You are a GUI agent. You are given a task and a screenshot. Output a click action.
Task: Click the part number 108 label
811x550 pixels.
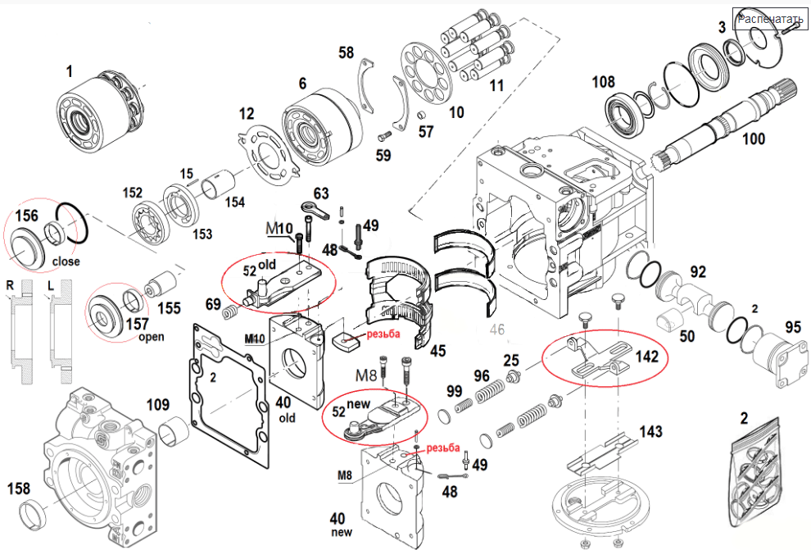pos(604,82)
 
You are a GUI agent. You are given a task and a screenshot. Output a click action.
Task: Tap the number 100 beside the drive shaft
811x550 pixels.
pos(753,139)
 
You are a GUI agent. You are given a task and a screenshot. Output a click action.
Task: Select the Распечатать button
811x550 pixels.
pos(769,19)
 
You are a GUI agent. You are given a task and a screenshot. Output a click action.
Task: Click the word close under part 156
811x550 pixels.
pos(66,262)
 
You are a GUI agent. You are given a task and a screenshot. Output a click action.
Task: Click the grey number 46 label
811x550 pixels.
pos(496,331)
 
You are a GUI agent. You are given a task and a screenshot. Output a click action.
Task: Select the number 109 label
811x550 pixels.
pos(157,404)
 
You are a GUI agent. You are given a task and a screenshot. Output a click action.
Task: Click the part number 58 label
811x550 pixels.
pos(347,53)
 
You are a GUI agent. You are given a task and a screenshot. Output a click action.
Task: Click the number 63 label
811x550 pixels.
pos(320,193)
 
